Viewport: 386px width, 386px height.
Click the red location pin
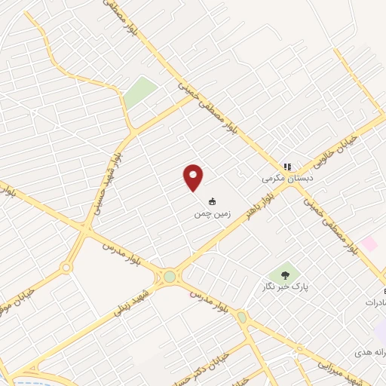point(193,177)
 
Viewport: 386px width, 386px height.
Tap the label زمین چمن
point(211,214)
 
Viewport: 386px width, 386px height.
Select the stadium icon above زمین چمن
point(212,201)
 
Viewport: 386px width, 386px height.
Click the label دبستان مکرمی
point(286,179)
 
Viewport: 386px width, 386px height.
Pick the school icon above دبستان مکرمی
point(286,167)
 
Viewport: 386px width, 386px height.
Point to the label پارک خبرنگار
point(291,287)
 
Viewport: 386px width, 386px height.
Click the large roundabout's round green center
point(170,277)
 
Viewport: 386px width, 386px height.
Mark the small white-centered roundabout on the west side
point(66,267)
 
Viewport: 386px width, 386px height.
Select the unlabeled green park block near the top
point(140,93)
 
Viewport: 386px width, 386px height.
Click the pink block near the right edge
point(369,244)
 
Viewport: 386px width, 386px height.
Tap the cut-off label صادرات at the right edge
point(374,302)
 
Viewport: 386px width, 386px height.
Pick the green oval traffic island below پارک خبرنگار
point(242,317)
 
